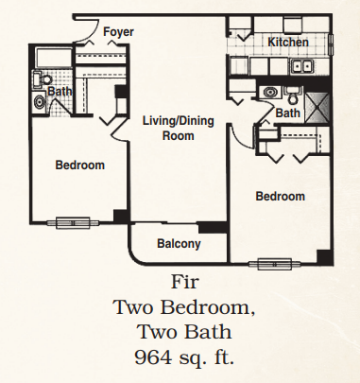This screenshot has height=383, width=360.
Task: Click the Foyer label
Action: pyautogui.click(x=118, y=32)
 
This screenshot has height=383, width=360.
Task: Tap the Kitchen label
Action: pyautogui.click(x=288, y=43)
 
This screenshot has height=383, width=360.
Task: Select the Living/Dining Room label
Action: pyautogui.click(x=179, y=129)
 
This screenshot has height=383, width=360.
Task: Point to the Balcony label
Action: pyautogui.click(x=179, y=244)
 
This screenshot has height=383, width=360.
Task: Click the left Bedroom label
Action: pyautogui.click(x=80, y=165)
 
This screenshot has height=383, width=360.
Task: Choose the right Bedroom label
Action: pyautogui.click(x=281, y=197)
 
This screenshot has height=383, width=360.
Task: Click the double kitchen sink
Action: pyautogui.click(x=301, y=66)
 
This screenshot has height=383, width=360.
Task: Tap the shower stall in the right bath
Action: pyautogui.click(x=317, y=108)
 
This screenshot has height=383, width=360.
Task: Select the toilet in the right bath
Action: pyautogui.click(x=293, y=96)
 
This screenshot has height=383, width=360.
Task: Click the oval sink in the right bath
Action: pyautogui.click(x=270, y=93)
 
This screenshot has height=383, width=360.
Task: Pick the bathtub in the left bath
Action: pyautogui.click(x=54, y=57)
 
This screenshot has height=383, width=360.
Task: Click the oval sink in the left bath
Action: pyautogui.click(x=40, y=102)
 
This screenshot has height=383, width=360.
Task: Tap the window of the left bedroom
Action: pyautogui.click(x=73, y=222)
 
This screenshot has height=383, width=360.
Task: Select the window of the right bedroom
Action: pyautogui.click(x=274, y=264)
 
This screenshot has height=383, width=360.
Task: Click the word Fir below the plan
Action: pyautogui.click(x=184, y=282)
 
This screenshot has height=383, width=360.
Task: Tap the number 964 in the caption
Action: pyautogui.click(x=152, y=357)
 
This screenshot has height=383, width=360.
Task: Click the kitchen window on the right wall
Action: pyautogui.click(x=331, y=44)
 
